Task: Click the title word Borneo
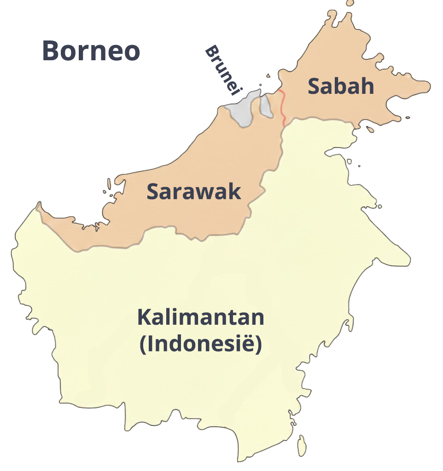[91, 51]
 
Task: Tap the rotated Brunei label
[223, 70]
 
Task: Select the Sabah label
[341, 86]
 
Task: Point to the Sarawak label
[194, 191]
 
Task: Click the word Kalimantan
[201, 318]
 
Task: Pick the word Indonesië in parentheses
[201, 344]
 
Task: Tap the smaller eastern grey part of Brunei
[266, 106]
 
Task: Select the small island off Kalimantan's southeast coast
[302, 445]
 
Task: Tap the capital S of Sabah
[315, 86]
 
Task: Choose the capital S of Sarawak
[153, 192]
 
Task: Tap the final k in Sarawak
[235, 191]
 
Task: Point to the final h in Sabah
[367, 86]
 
